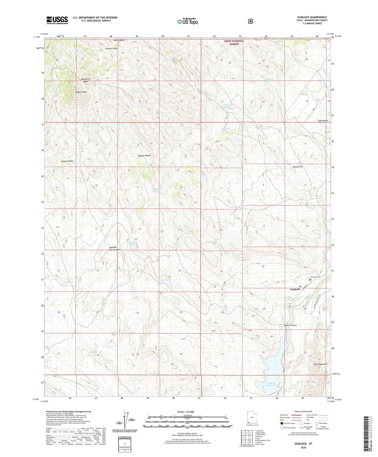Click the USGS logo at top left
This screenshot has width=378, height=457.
pyautogui.click(x=57, y=20)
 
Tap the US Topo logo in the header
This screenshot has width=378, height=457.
pyautogui.click(x=187, y=21)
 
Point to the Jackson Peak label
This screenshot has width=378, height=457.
pyautogui.click(x=81, y=92)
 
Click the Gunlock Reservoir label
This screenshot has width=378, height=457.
pyautogui.click(x=271, y=384)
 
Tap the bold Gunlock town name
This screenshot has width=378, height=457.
pyautogui.click(x=295, y=289)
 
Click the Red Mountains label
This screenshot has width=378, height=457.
pyautogui.click(x=320, y=364)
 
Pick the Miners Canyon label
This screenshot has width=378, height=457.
pyautogui.click(x=290, y=325)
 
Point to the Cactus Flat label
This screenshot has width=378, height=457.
pyautogui.click(x=297, y=166)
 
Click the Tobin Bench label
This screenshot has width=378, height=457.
pyautogui.click(x=323, y=121)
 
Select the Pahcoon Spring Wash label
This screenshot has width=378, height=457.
pyautogui.click(x=115, y=248)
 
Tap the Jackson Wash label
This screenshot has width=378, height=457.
pyautogui.click(x=67, y=161)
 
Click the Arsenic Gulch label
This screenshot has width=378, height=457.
pyautogui.click(x=112, y=49)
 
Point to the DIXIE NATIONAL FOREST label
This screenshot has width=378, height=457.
pyautogui.click(x=234, y=42)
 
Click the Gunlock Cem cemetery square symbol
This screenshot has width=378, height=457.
pyautogui.click(x=310, y=280)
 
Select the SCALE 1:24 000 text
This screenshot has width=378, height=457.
pyautogui.click(x=185, y=412)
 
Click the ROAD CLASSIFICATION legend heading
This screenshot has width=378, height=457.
pyautogui.click(x=303, y=411)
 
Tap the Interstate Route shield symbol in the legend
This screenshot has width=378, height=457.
pyautogui.click(x=281, y=423)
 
